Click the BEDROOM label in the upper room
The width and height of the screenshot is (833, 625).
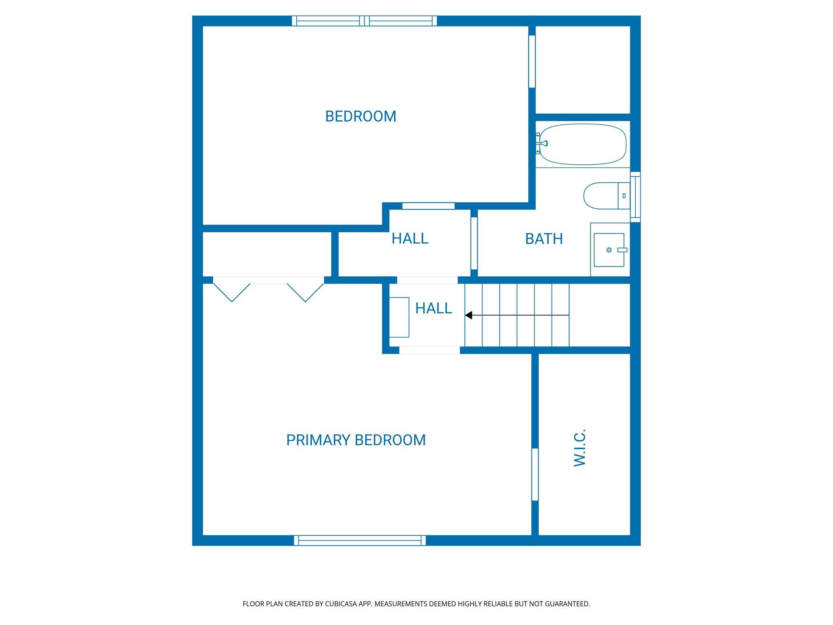pyautogui.click(x=360, y=116)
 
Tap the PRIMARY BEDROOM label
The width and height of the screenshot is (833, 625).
pyautogui.click(x=356, y=440)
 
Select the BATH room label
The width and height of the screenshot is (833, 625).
pyautogui.click(x=544, y=239)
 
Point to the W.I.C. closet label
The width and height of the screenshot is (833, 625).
pyautogui.click(x=580, y=448)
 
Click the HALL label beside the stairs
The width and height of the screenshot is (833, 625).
pyautogui.click(x=434, y=308)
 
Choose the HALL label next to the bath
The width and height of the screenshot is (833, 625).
pyautogui.click(x=410, y=238)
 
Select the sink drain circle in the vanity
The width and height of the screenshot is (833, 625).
pyautogui.click(x=609, y=250)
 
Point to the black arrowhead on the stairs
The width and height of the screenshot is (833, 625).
pyautogui.click(x=469, y=315)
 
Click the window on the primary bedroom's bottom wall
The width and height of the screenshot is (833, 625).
pyautogui.click(x=360, y=540)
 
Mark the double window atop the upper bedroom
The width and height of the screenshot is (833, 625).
pyautogui.click(x=364, y=21)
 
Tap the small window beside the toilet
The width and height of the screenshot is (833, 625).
pyautogui.click(x=635, y=197)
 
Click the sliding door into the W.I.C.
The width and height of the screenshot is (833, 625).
pyautogui.click(x=535, y=474)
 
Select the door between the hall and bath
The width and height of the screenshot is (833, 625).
pyautogui.click(x=474, y=243)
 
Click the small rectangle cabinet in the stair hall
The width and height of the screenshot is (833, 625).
pyautogui.click(x=399, y=317)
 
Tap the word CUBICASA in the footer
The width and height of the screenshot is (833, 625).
pyautogui.click(x=340, y=604)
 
